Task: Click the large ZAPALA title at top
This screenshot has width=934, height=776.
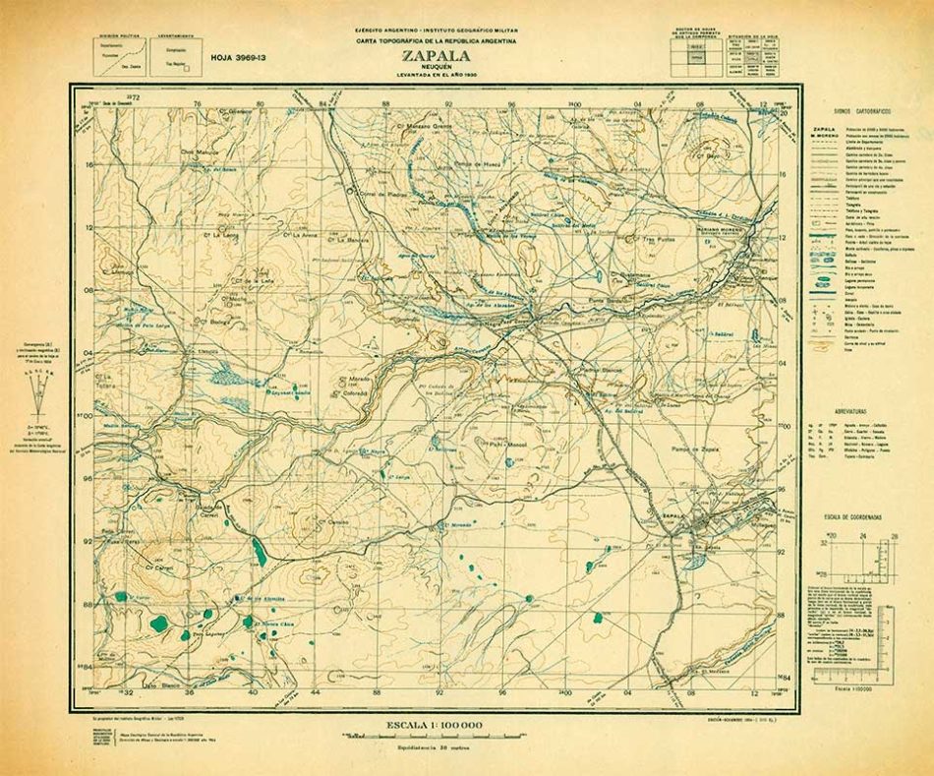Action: tap(435, 56)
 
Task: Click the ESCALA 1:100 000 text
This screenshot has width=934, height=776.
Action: tap(434, 724)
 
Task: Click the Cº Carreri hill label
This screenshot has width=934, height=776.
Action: tap(156, 567)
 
